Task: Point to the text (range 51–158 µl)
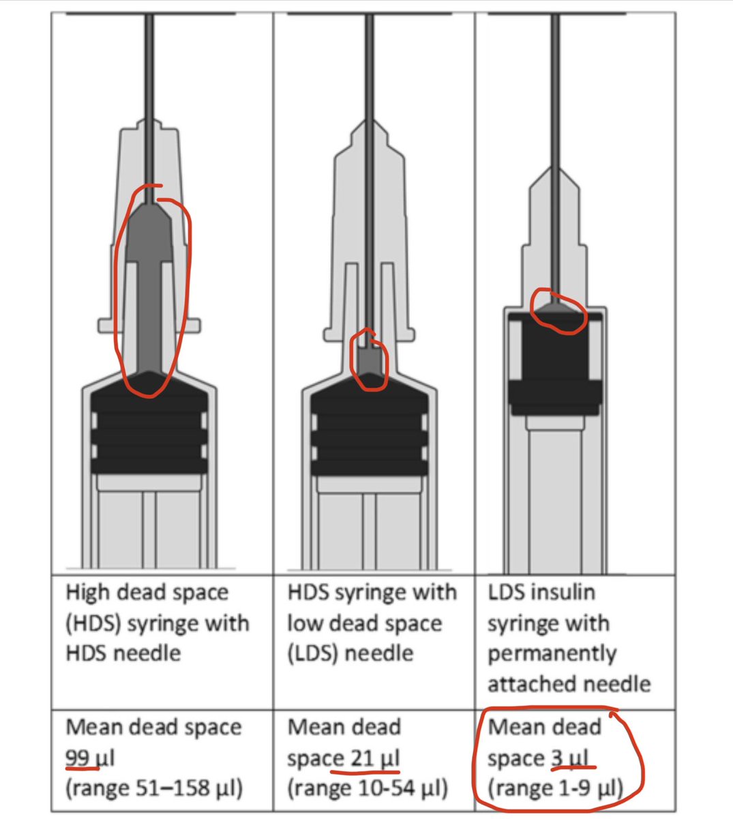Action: [x=154, y=788]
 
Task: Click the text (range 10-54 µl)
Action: [x=368, y=788]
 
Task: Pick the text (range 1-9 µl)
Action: [x=556, y=788]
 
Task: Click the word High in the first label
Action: [x=88, y=593]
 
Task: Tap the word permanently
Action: [x=552, y=654]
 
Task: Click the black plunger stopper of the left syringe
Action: [x=149, y=424]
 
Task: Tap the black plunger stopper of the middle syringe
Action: [x=369, y=425]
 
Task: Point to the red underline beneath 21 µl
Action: [x=365, y=772]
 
